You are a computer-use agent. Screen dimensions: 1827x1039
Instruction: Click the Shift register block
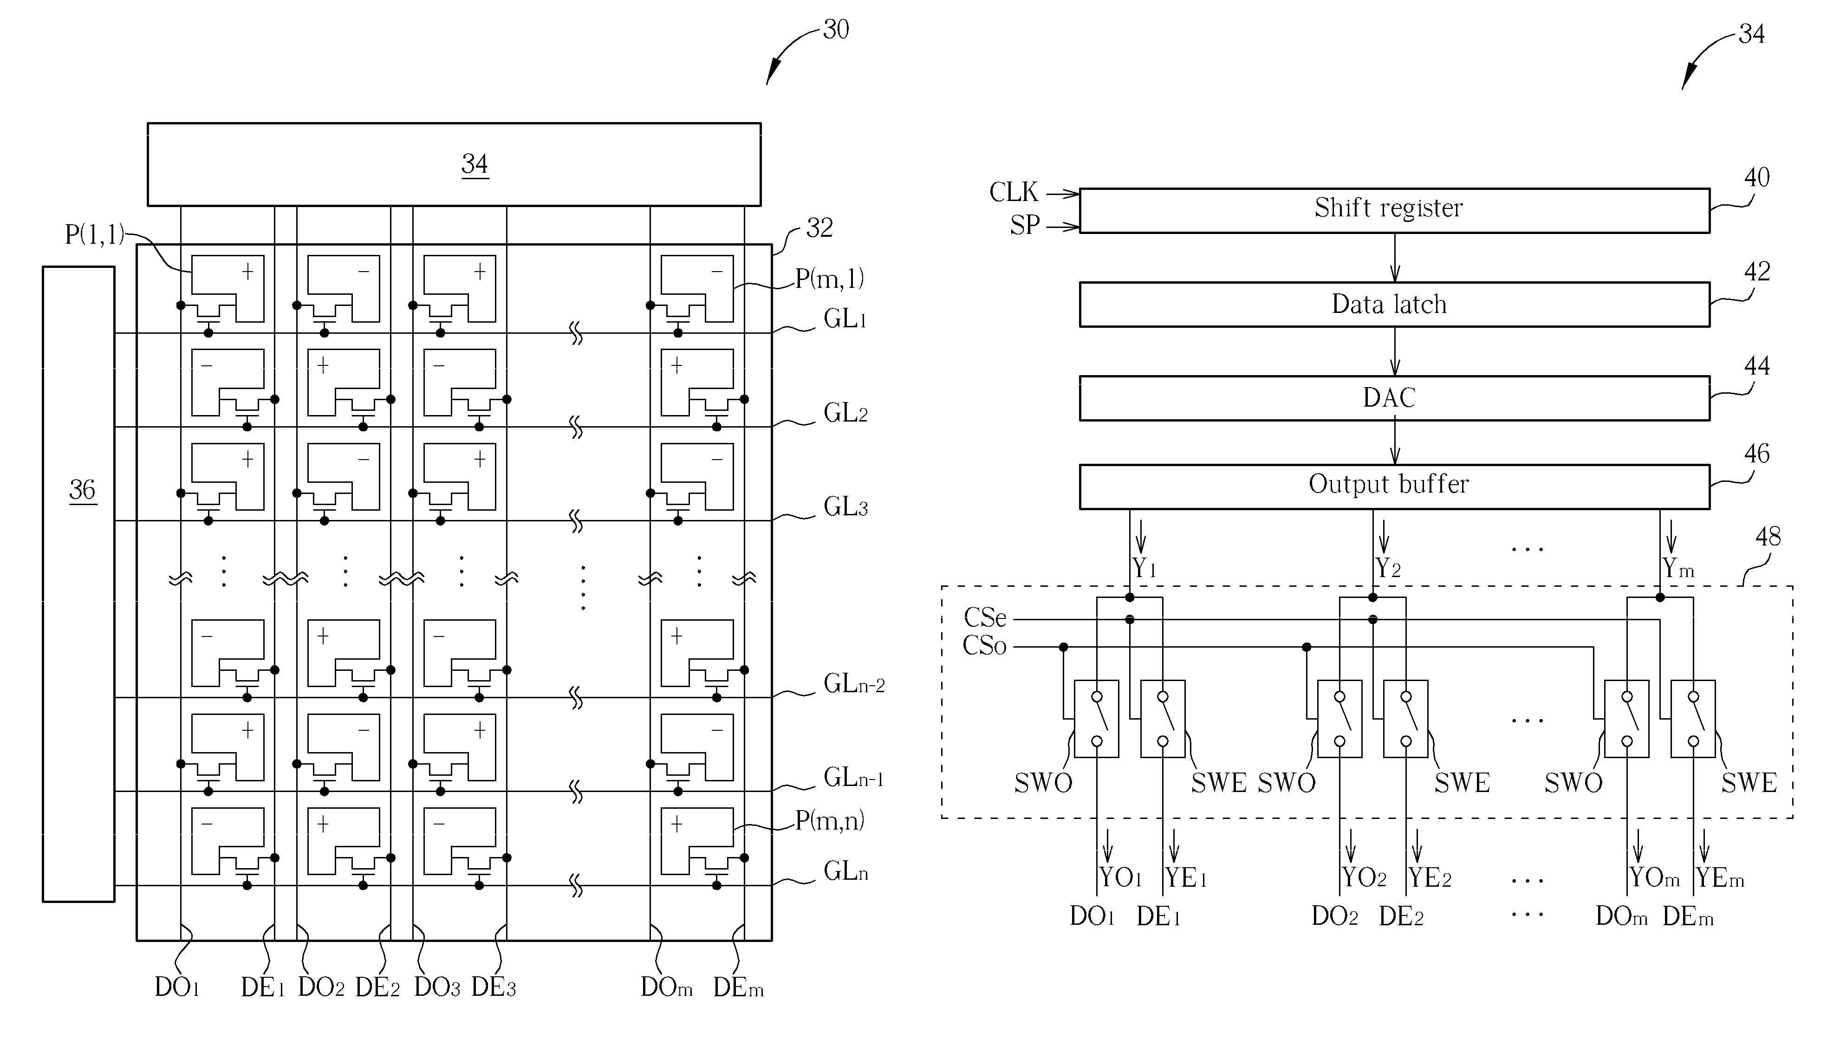[x=1395, y=210]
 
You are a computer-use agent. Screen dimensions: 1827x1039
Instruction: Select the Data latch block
[x=1395, y=305]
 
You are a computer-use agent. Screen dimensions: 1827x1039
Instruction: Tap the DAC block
[x=1395, y=398]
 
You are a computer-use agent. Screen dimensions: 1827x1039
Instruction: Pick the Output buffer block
[x=1395, y=487]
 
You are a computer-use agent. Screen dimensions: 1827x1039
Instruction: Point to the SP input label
[x=1025, y=226]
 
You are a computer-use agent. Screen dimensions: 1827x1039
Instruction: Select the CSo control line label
[x=985, y=646]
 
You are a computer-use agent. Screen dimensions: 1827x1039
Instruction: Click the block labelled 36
[x=78, y=584]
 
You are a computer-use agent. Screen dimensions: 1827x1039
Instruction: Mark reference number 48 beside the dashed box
[x=1768, y=537]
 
